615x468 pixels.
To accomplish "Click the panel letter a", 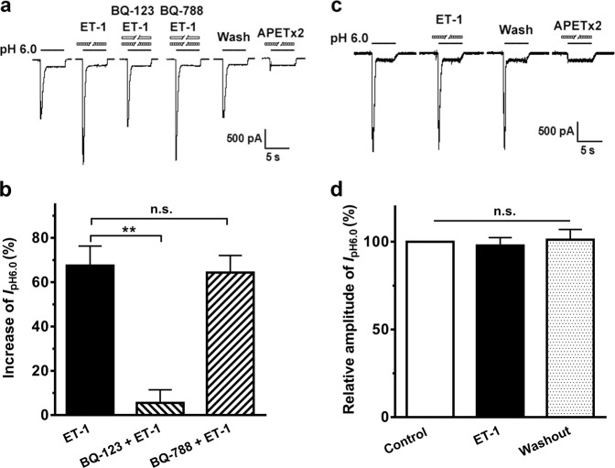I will [x=7, y=8].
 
